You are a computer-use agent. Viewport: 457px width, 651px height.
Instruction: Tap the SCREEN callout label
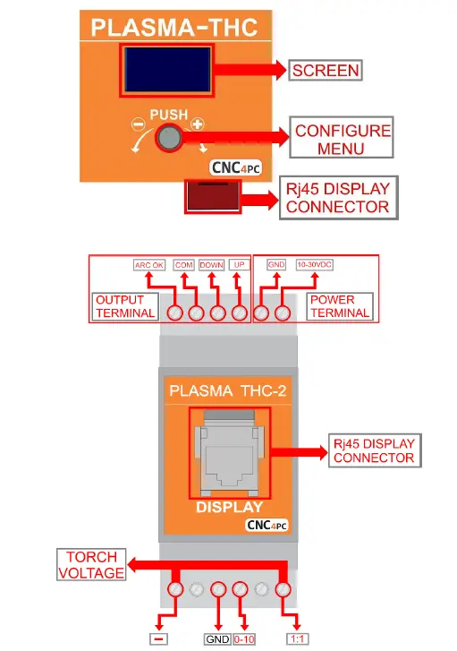[326, 70]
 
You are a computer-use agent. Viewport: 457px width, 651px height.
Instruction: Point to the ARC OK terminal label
[148, 265]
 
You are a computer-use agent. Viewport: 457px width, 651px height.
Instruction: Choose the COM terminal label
[184, 265]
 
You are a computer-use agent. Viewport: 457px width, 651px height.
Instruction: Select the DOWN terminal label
[212, 265]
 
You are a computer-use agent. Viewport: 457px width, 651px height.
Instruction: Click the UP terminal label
[239, 265]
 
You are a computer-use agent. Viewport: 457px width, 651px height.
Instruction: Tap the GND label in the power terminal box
[276, 265]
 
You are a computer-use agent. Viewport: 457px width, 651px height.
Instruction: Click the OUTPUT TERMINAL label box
[124, 306]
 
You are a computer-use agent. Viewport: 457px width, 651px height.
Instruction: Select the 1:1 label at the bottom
[297, 639]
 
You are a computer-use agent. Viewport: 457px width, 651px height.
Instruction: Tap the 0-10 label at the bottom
[244, 639]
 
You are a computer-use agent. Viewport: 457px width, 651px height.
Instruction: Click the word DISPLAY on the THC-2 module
[229, 506]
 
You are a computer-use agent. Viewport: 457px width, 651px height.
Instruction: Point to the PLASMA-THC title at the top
[174, 26]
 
